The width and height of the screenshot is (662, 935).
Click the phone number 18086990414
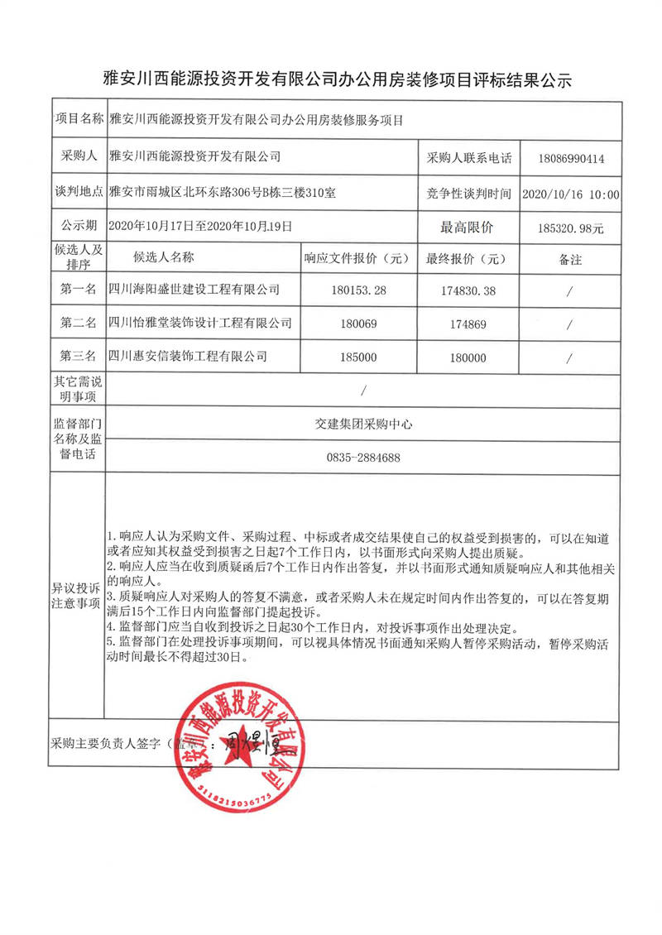pos(570,156)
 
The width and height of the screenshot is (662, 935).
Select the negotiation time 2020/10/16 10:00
pos(571,194)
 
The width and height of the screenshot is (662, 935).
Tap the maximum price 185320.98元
pos(570,226)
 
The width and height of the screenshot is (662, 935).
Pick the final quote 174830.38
pos(466,290)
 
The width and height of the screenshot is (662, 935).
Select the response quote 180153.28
pos(357,290)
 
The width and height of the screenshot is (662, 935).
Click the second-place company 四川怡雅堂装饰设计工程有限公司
pos(201,323)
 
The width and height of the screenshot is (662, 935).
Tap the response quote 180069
pos(357,324)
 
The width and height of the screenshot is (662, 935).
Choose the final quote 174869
pos(466,324)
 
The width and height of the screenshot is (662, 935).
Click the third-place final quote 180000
pos(466,357)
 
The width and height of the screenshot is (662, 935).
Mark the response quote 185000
pos(357,357)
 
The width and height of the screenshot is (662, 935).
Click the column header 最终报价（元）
pos(466,258)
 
